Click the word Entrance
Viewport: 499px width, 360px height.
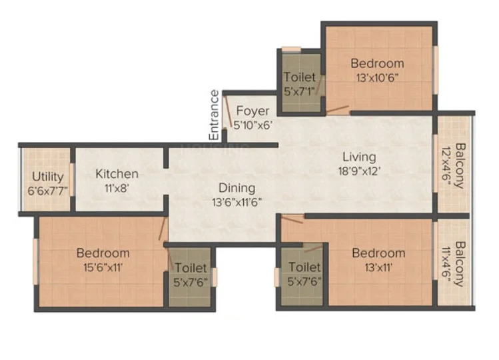214,115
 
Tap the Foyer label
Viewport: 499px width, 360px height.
252,111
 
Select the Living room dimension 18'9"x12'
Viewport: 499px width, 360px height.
359,171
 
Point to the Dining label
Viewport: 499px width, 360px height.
237,188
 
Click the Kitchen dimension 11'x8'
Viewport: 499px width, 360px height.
117,189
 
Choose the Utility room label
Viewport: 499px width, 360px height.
48,177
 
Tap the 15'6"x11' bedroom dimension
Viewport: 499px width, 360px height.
103,267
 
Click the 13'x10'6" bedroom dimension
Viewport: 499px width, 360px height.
378,78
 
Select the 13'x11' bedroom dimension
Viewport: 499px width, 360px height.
378,267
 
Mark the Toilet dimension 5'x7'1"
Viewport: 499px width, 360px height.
299,91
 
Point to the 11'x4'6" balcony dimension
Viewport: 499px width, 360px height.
446,265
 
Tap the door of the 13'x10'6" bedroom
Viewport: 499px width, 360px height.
337,110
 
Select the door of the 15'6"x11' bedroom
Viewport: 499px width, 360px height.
163,229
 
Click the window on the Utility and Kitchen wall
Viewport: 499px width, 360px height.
72,179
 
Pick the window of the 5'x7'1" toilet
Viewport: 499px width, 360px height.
291,49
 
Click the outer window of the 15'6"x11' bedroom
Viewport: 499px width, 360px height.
36,261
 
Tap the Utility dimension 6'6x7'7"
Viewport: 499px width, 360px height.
48,191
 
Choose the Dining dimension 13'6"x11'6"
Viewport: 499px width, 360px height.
237,202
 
